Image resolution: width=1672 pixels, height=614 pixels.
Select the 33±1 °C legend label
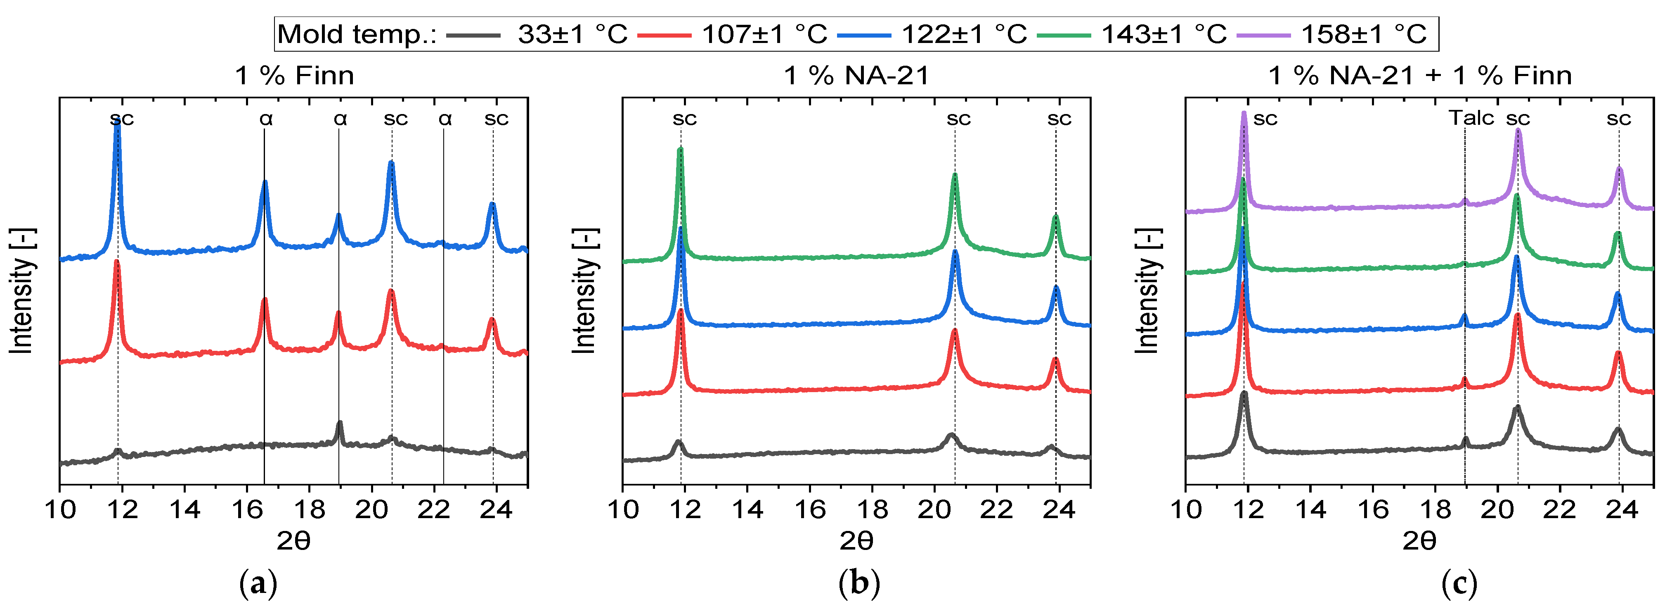click(572, 34)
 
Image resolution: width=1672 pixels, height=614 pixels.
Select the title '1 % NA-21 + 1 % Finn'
click(1419, 76)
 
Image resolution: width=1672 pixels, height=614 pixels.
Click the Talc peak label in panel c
click(1471, 118)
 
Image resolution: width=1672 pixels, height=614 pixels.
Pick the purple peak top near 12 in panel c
click(1244, 114)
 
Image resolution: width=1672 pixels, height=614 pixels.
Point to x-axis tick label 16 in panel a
click(247, 510)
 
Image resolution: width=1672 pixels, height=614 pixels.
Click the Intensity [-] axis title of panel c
click(1147, 291)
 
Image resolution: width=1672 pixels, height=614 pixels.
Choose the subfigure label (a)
click(258, 584)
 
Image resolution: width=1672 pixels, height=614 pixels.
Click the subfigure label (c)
click(1459, 584)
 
